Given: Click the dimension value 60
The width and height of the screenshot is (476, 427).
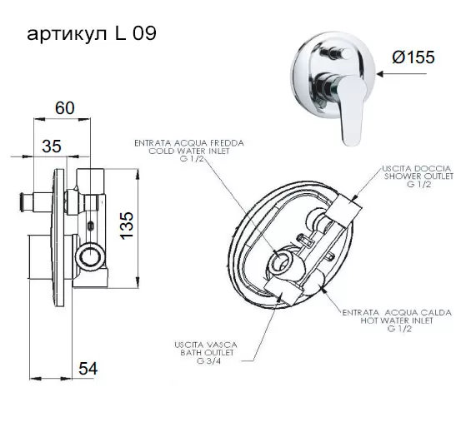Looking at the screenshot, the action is click(x=65, y=108).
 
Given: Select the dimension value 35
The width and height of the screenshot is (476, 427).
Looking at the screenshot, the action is click(x=52, y=146).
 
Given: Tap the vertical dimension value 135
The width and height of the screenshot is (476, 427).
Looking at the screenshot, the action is click(x=127, y=226).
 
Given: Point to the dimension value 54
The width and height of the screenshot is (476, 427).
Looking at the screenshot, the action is click(x=88, y=369).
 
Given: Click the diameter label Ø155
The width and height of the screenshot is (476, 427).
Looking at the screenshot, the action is click(x=413, y=57).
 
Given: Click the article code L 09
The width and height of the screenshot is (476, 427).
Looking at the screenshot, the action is click(x=135, y=33).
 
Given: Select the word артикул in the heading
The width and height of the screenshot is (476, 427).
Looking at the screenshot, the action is click(x=67, y=35).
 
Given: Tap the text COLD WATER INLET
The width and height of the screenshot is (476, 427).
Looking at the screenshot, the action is click(x=189, y=151).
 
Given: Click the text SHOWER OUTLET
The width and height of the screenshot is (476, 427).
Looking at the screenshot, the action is click(x=418, y=176).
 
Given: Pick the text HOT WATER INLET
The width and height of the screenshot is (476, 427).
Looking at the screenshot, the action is click(x=397, y=320).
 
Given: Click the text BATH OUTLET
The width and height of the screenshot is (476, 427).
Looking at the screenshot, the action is click(x=207, y=353).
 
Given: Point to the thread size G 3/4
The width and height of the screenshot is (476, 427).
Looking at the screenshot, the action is click(x=208, y=361).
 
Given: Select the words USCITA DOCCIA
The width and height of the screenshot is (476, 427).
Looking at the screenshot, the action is click(x=417, y=168).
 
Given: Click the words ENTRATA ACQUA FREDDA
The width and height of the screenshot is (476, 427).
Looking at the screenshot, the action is click(x=189, y=143).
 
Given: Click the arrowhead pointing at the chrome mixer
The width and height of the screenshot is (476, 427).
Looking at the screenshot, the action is click(x=382, y=73).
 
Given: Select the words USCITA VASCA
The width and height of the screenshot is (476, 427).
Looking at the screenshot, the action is click(x=206, y=345).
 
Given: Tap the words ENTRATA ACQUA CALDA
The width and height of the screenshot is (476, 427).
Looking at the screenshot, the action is click(x=397, y=312).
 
